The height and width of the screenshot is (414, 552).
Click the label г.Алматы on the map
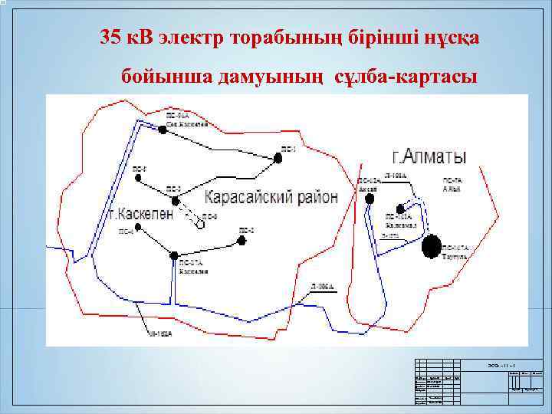click(429, 157)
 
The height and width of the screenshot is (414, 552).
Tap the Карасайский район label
click(271, 197)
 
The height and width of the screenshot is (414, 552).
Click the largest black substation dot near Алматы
click(432, 246)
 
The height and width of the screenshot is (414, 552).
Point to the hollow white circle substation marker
click(200, 225)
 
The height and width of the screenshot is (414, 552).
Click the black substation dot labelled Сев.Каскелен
click(163, 130)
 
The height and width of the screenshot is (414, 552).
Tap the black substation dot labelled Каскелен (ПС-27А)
click(174, 255)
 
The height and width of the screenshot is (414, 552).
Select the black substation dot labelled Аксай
click(370, 198)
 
